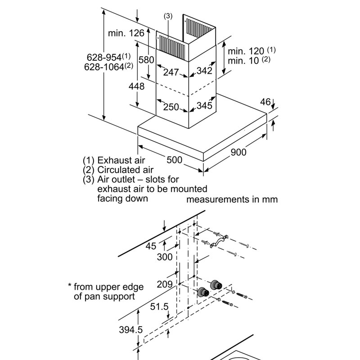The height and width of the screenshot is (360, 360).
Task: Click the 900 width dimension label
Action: point(238,152)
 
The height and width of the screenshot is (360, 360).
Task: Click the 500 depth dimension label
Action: point(175,160)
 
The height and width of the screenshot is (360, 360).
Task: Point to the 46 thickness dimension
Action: point(265,102)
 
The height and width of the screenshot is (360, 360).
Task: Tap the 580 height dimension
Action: point(146,60)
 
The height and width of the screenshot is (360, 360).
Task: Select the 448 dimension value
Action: point(136,86)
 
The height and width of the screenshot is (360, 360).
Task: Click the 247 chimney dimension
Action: point(171,72)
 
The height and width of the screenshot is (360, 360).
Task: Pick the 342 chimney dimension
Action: point(204,71)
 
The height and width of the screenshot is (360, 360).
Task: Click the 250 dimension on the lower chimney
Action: point(171,107)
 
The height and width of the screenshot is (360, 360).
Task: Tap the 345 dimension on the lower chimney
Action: point(204,106)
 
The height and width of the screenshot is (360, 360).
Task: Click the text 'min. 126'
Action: point(126,33)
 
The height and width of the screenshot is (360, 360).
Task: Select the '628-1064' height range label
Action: point(108,67)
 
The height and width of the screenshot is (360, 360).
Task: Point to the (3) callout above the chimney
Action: point(168,16)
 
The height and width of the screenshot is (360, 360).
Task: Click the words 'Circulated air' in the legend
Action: point(126,170)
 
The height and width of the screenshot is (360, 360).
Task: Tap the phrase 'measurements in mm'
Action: point(232,199)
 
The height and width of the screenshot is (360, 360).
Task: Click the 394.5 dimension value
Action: point(131,330)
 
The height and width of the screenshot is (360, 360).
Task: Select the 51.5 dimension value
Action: point(159,306)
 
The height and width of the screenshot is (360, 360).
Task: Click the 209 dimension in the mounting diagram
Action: point(165,284)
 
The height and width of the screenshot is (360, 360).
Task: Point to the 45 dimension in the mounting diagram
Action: point(151,246)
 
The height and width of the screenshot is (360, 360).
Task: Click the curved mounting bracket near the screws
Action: point(219,241)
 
